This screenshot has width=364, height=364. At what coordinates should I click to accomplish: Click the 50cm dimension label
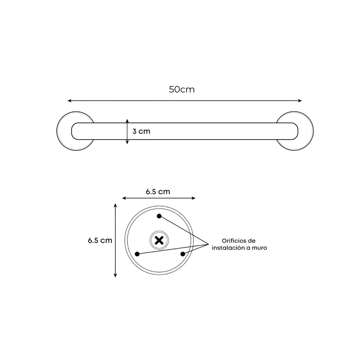coord(182,89)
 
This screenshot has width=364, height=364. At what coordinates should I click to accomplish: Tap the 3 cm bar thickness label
coord(141,132)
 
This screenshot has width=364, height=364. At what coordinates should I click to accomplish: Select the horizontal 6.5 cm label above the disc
coord(158,192)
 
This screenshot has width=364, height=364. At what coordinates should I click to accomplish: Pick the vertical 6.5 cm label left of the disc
coord(100,240)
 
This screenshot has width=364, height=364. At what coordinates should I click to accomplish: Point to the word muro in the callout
coord(259,248)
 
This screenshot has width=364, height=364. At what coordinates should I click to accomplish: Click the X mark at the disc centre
coord(159,240)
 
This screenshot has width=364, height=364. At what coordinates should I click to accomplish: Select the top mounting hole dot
coord(159,216)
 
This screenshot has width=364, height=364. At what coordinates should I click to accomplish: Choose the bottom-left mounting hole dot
coord(137,254)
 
